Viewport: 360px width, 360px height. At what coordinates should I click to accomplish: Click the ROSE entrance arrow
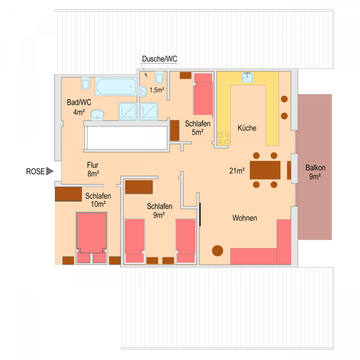[50, 171]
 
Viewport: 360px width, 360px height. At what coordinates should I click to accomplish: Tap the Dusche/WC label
[159, 59]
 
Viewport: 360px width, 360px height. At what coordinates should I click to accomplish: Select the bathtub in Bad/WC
[116, 87]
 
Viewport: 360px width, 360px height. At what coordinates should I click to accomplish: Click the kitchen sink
[247, 77]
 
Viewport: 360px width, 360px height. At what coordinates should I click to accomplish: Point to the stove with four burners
[224, 138]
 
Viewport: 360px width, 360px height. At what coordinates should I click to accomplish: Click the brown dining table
[265, 170]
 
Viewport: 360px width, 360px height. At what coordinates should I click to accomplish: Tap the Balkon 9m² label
[315, 172]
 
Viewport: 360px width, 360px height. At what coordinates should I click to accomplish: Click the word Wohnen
[245, 218]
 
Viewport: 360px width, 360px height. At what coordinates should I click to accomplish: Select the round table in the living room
[217, 250]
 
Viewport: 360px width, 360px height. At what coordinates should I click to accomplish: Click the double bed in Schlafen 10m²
[91, 238]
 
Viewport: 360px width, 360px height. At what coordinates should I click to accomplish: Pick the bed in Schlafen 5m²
[203, 94]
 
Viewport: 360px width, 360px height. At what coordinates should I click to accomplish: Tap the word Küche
[247, 128]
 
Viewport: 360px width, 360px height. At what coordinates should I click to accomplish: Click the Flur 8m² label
[93, 169]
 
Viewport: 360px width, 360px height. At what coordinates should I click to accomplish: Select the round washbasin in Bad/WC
[97, 115]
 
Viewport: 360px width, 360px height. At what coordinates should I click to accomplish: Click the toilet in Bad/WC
[85, 84]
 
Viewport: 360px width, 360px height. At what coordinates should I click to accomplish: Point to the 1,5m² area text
[157, 90]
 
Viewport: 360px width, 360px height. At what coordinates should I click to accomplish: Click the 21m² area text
[237, 171]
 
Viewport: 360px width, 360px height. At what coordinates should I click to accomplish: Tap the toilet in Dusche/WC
[159, 78]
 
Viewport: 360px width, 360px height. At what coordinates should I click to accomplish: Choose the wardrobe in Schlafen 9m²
[139, 187]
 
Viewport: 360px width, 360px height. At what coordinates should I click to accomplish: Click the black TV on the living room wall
[200, 214]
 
